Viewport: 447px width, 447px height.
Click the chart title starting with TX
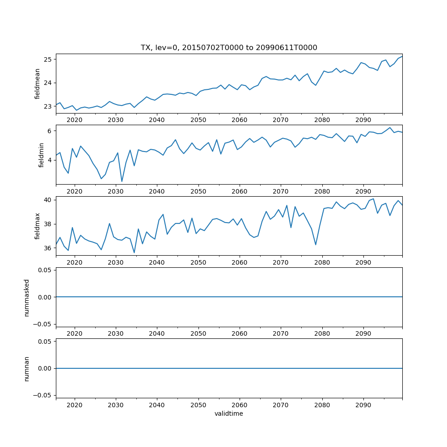pyautogui.click(x=229, y=48)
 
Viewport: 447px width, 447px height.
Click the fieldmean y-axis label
pyautogui.click(x=38, y=84)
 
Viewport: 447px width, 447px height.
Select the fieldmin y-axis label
pyautogui.click(x=41, y=155)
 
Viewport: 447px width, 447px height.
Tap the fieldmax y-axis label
pyautogui.click(x=38, y=226)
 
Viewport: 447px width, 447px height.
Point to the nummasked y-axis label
pyautogui.click(x=27, y=297)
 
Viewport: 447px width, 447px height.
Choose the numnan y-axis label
pyautogui.click(x=27, y=368)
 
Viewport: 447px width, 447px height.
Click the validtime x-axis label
pyautogui.click(x=229, y=414)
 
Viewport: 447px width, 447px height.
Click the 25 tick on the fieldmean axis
pyautogui.click(x=48, y=59)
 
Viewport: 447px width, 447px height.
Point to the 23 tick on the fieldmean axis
pyautogui.click(x=48, y=106)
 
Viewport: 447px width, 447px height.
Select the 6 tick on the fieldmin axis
pyautogui.click(x=50, y=131)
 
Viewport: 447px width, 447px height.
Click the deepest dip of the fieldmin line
pyautogui.click(x=122, y=181)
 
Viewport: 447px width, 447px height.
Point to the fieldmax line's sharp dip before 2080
pyautogui.click(x=316, y=245)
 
